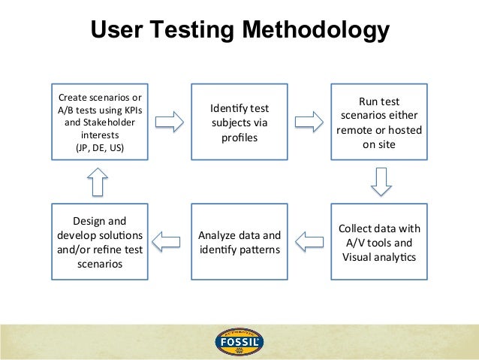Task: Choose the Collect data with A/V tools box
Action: (379, 242)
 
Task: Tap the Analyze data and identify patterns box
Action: (239, 242)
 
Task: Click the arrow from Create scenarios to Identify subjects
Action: (169, 122)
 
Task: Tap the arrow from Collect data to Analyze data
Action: (309, 241)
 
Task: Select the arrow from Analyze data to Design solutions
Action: (169, 241)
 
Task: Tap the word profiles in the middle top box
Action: (239, 138)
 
